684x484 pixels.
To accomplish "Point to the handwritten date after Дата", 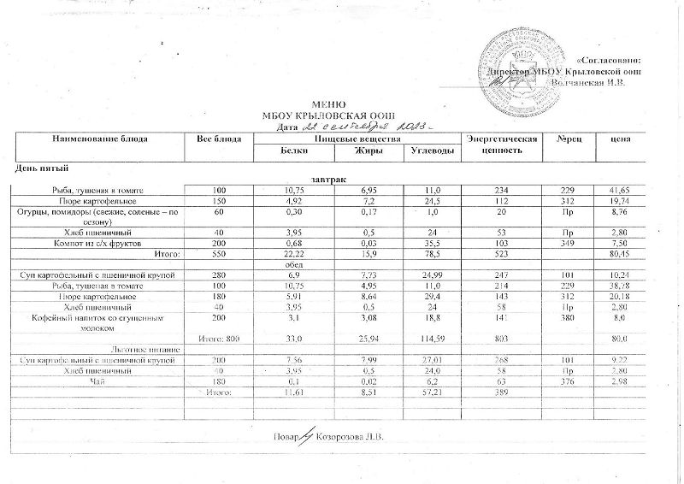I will (358, 126).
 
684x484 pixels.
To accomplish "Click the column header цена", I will (622, 139).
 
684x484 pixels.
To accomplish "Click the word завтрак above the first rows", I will (329, 180).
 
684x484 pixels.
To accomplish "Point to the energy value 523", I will (501, 256).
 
